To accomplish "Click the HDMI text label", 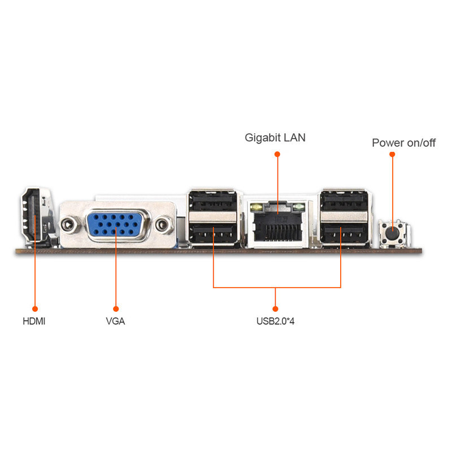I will click(34, 321).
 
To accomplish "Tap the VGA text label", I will click(115, 321).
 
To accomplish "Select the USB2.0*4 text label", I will click(276, 322).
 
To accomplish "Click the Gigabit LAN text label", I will click(275, 137).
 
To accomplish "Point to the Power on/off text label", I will click(403, 143).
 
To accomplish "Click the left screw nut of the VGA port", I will click(69, 224).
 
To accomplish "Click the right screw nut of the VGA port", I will click(164, 224).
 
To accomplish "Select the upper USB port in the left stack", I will click(213, 201).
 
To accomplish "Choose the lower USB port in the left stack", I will click(213, 233).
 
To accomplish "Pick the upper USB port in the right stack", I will click(342, 201).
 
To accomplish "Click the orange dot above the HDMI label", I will click(34, 309).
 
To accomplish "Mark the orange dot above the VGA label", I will click(115, 309).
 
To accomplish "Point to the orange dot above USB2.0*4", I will click(276, 309).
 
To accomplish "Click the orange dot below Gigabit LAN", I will click(277, 153).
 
